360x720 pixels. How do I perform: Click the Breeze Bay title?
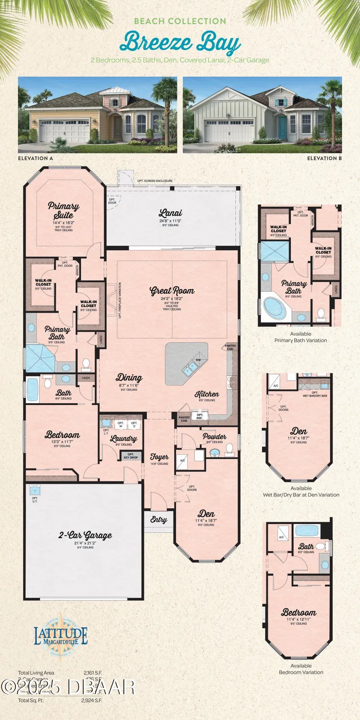(180, 42)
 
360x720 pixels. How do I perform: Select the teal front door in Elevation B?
(282, 126)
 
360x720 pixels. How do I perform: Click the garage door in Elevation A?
(64, 131)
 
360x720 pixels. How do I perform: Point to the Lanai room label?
(170, 213)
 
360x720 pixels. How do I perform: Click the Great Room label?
(172, 290)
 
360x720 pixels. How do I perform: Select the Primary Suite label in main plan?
(63, 210)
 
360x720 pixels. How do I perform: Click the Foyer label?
(159, 457)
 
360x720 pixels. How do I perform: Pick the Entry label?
(159, 520)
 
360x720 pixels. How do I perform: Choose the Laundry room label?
(123, 438)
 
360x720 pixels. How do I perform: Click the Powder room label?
(215, 437)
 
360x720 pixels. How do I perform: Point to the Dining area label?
(129, 378)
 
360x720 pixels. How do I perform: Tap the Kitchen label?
(207, 394)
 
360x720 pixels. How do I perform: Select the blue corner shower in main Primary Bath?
(41, 358)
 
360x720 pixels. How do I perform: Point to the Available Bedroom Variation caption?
(301, 669)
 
